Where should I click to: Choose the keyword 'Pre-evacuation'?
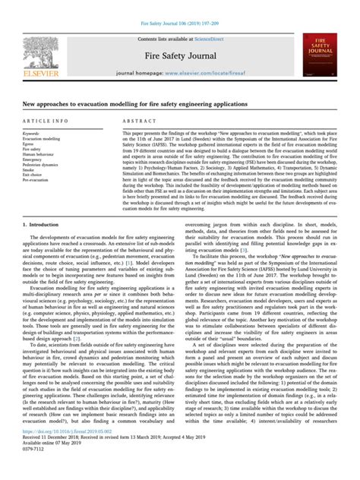pyautogui.click(x=38, y=182)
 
